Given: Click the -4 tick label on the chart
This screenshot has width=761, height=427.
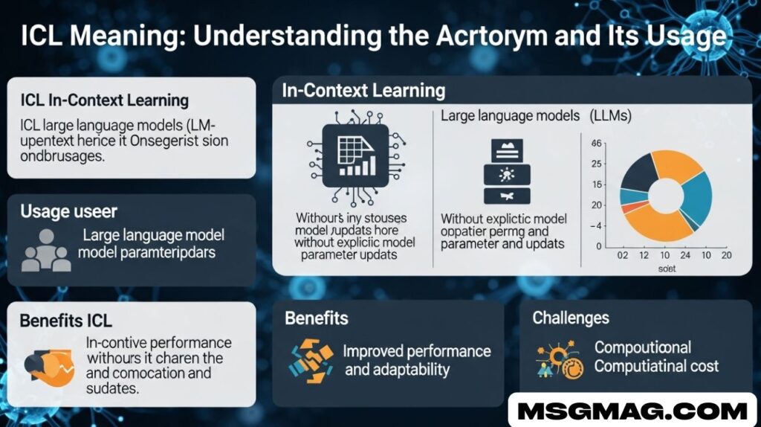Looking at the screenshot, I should click(x=596, y=225).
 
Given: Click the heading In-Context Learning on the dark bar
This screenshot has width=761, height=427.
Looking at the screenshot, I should click(x=363, y=91).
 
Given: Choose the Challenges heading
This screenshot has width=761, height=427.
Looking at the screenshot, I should click(x=570, y=318).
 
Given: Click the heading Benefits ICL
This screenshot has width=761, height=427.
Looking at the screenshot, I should click(x=65, y=321).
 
